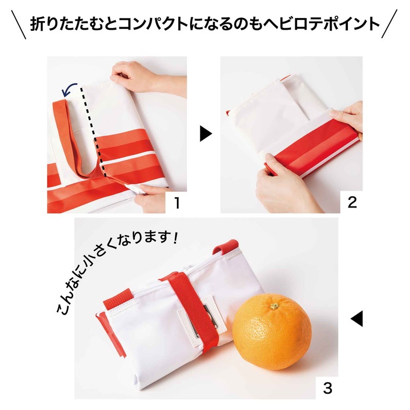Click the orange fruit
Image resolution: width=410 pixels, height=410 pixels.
point(272,332)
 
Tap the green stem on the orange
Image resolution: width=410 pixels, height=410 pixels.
point(274,306)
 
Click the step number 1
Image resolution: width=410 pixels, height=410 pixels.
point(177,202)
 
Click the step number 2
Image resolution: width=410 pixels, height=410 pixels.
point(352,202)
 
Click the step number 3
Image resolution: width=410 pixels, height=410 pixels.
point(327,388)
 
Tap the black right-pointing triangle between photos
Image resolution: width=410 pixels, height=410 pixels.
point(206,134)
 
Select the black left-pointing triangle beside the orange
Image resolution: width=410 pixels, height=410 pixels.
point(357,318)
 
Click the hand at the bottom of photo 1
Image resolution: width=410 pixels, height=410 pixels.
point(149,198)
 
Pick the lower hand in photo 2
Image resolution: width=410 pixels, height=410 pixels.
point(285,183)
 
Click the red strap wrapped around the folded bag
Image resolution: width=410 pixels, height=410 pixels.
point(194,306)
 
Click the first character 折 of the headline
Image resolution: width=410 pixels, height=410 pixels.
point(37,24)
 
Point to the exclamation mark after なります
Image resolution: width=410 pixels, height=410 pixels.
point(175,238)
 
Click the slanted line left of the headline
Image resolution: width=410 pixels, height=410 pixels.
point(18,25)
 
